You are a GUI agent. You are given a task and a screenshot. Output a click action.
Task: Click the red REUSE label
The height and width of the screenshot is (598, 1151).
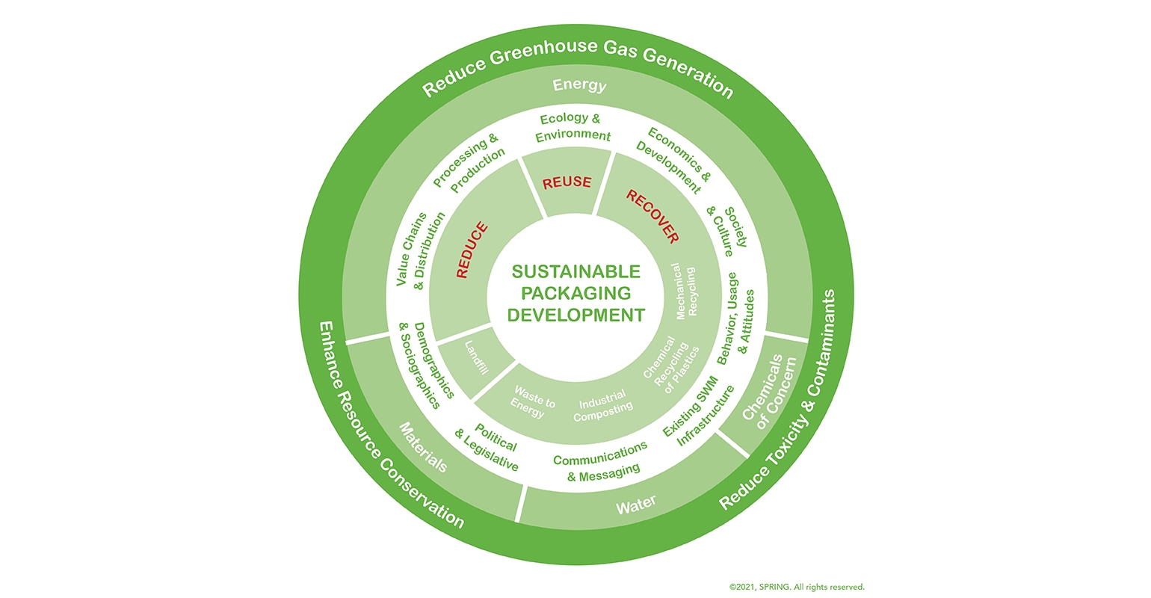[567, 182]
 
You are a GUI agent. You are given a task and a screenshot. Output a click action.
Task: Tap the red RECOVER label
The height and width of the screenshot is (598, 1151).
[652, 217]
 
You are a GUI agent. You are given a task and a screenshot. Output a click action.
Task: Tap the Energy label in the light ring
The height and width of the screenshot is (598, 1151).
[579, 85]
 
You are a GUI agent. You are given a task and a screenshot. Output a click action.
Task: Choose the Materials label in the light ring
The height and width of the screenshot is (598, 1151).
[423, 447]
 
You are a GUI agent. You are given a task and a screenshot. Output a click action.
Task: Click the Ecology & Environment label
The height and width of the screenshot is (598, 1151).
[574, 127]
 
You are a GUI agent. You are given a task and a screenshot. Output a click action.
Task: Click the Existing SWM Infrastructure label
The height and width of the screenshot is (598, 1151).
[698, 415]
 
